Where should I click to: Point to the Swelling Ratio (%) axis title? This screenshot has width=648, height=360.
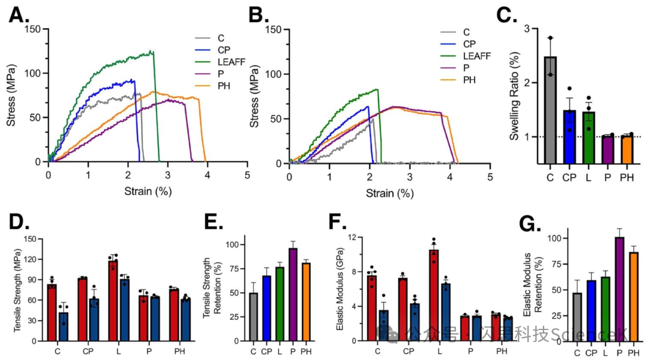[x=514, y=96]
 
